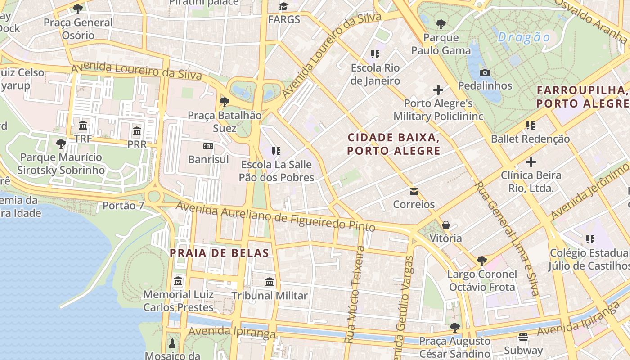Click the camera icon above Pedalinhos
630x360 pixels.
coord(485,72)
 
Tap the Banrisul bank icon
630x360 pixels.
coord(208,146)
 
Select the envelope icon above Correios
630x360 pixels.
coord(414,192)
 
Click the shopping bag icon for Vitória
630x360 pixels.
coord(445,225)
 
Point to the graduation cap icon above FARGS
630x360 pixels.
coord(283,7)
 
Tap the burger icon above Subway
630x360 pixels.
coord(523,337)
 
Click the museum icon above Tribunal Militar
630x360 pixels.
coord(270,282)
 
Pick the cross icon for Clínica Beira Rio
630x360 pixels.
coord(531,162)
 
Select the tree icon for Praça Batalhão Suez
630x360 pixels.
coord(224,102)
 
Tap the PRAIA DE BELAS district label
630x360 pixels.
coord(219,253)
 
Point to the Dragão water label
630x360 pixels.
coord(524,37)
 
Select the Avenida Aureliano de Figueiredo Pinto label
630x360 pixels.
coord(275,217)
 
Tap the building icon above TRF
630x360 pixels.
coord(83,125)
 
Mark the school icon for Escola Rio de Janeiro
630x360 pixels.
coord(375,55)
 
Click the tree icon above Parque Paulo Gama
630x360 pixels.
coord(441,24)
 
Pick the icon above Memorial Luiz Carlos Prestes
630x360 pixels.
coord(178,281)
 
